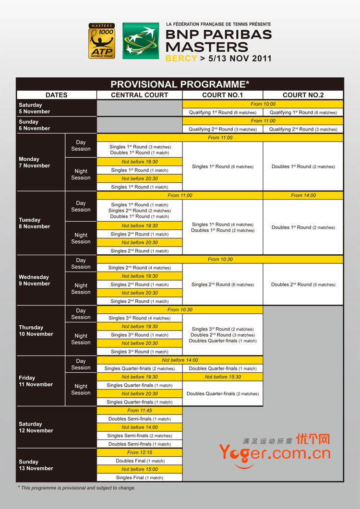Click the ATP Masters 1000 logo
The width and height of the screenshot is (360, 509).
[102, 41]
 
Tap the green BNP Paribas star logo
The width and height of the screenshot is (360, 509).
[141, 41]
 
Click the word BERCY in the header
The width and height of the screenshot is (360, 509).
[181, 59]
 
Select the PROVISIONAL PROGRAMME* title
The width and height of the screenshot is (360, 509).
[180, 84]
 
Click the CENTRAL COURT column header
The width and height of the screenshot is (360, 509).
[140, 95]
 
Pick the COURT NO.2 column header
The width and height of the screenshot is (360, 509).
[303, 95]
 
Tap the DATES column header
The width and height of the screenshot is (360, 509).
[57, 95]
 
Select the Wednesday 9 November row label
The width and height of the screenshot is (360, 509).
[34, 280]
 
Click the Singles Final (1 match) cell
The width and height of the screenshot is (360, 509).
[140, 478]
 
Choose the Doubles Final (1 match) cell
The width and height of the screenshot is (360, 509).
[140, 461]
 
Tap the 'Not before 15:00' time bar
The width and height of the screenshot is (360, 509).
[140, 469]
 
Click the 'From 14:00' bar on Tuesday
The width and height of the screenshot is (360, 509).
[303, 195]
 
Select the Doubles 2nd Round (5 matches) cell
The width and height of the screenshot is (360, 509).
[303, 284]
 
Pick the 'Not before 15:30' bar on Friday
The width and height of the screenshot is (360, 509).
[223, 377]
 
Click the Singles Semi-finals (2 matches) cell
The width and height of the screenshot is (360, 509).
[140, 436]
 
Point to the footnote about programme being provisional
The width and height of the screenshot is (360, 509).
[77, 488]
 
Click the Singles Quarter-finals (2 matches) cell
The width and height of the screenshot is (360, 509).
[140, 368]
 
